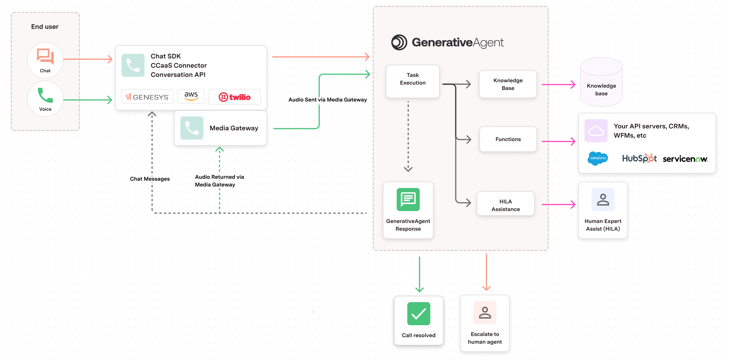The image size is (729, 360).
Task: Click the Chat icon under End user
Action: click(45, 56)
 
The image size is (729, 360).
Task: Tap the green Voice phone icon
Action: click(45, 95)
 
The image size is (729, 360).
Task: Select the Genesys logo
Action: click(147, 97)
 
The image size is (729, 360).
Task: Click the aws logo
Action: click(191, 96)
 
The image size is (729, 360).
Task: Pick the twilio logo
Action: click(235, 97)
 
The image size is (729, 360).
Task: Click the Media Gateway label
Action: click(234, 128)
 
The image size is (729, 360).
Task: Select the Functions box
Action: click(508, 139)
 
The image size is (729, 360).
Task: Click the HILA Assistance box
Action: click(505, 205)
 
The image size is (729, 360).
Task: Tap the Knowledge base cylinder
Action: click(601, 82)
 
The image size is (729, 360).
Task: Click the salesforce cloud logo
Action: click(598, 158)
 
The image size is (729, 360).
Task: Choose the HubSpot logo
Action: click(639, 158)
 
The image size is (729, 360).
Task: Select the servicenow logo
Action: click(685, 159)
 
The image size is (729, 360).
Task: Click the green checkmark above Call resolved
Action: click(418, 314)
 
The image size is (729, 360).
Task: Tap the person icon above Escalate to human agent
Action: click(485, 312)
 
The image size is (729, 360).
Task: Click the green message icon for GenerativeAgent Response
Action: click(408, 200)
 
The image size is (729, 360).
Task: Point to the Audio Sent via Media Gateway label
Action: click(327, 100)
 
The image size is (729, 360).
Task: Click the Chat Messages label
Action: click(150, 179)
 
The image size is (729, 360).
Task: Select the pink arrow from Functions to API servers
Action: click(558, 141)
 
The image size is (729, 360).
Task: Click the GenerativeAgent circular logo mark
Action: click(399, 43)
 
